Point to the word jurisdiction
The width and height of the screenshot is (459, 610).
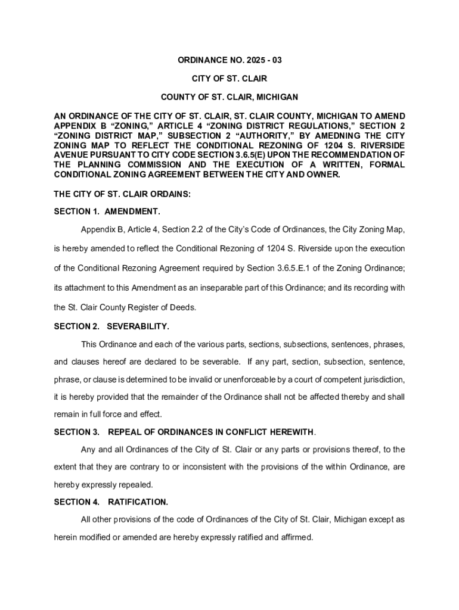384,379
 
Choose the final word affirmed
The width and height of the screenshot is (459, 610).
296,537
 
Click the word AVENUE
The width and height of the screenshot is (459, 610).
71,155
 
